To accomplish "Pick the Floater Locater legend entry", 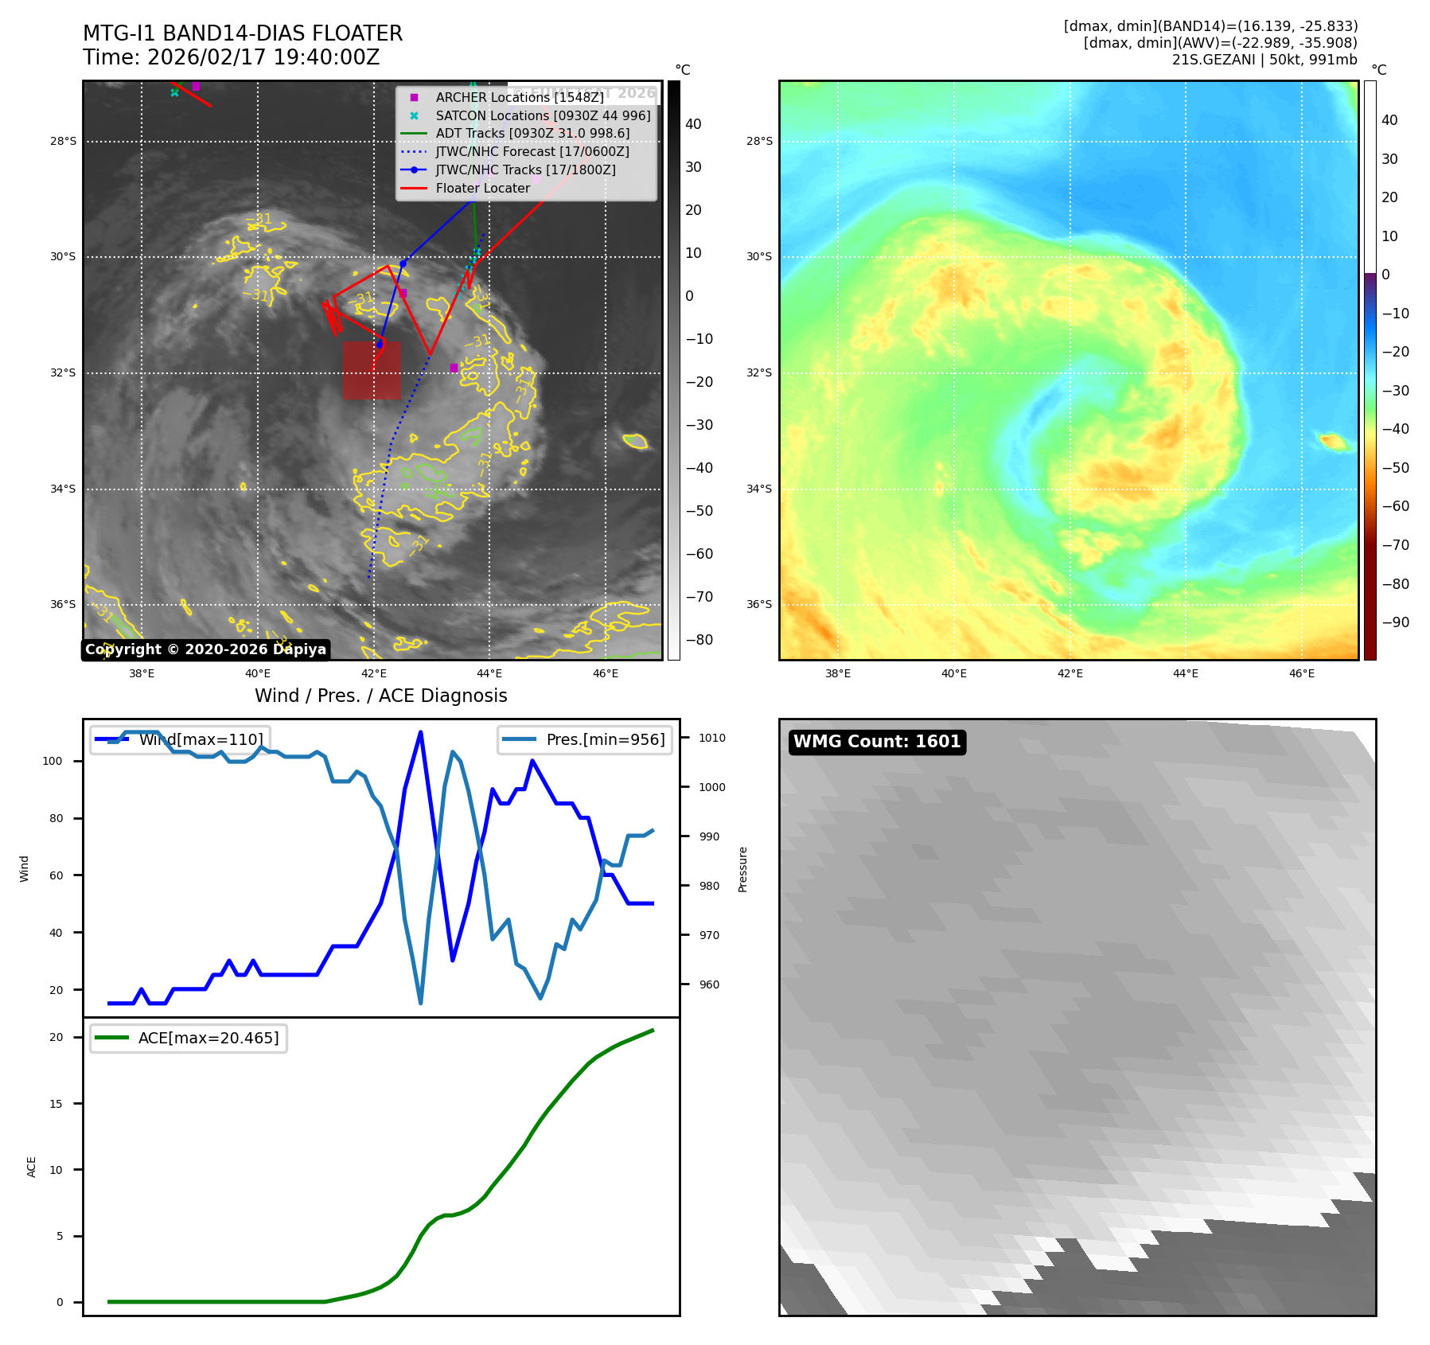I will tap(482, 188).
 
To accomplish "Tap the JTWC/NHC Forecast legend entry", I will tap(532, 151).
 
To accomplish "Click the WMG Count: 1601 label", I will tap(877, 742).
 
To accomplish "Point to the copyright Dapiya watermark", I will tap(205, 649).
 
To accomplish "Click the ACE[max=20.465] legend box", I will tap(189, 1038).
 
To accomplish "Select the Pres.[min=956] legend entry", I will tap(585, 739).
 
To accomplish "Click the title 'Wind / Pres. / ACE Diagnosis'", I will tap(380, 696).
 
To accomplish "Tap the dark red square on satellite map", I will tap(372, 370).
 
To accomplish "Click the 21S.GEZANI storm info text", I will tap(1264, 60).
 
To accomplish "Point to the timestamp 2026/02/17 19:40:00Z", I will tap(263, 57).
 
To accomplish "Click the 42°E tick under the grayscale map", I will tap(373, 673).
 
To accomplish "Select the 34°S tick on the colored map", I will tap(758, 489).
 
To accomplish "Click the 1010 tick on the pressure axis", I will tap(712, 738).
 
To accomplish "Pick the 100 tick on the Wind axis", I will tap(53, 761).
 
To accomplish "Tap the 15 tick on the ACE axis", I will tap(56, 1104).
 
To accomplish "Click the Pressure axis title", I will tap(742, 869).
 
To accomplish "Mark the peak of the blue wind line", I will tap(420, 732).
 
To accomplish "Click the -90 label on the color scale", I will tap(1395, 622).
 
